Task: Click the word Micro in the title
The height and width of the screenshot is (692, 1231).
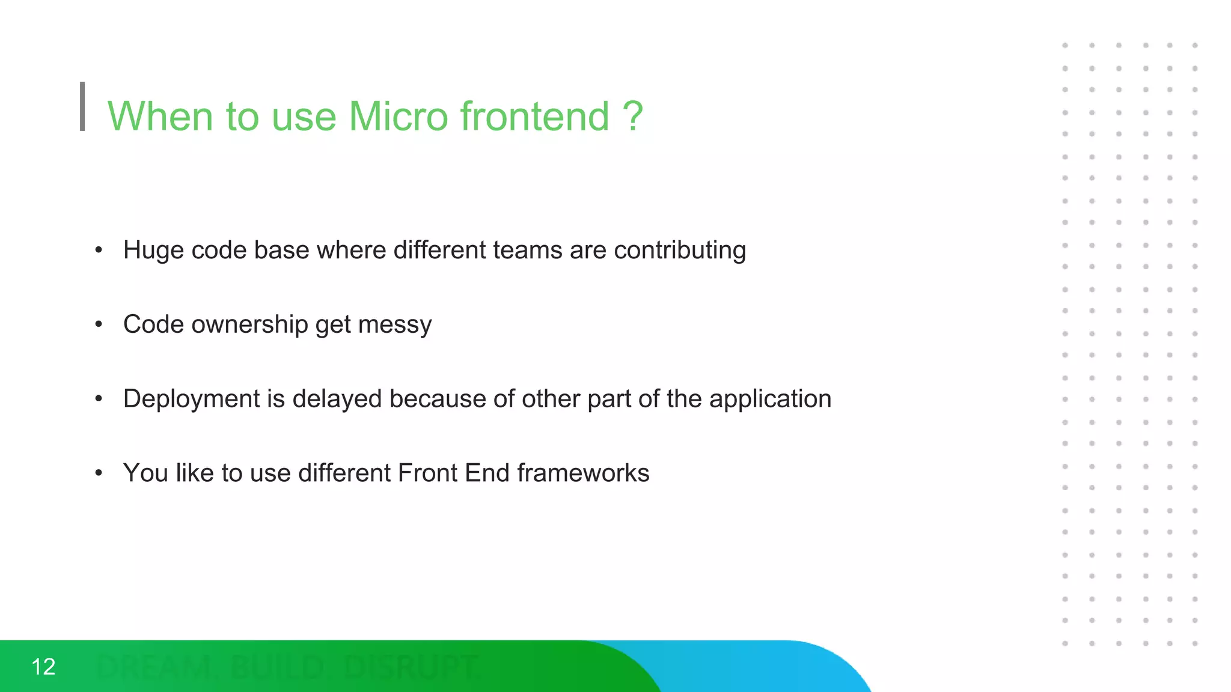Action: (398, 116)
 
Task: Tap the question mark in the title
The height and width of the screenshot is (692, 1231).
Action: (632, 116)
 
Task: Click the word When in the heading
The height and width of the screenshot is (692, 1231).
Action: (160, 116)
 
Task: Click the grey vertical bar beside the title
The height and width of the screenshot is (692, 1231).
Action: (82, 106)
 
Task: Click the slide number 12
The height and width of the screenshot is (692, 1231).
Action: (43, 667)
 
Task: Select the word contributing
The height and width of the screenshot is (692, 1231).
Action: (680, 250)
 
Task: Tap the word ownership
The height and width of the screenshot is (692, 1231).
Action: (249, 325)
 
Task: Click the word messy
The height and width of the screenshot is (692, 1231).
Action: (395, 325)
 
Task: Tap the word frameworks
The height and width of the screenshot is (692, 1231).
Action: (583, 473)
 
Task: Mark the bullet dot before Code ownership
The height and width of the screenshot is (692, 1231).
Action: (99, 325)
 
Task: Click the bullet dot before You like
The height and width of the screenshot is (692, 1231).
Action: (99, 473)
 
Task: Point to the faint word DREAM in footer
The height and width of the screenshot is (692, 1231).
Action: (153, 667)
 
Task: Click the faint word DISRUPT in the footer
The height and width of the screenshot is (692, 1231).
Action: (411, 667)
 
